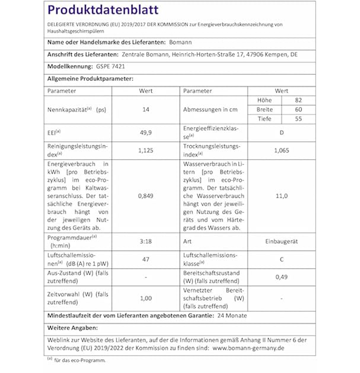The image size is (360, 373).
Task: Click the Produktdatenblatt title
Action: (x=103, y=10)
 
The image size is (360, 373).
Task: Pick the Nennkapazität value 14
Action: (x=146, y=110)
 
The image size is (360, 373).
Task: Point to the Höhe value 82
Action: (x=298, y=100)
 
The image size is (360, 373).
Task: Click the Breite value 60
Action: (x=298, y=110)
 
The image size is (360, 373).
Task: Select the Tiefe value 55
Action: (x=298, y=119)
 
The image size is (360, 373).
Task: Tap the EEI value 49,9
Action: (x=146, y=133)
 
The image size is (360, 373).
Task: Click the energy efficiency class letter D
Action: (x=281, y=133)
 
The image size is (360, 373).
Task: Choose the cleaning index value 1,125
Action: (x=146, y=150)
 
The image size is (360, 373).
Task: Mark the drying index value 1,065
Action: (x=281, y=150)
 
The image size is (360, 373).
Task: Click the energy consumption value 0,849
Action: (x=146, y=196)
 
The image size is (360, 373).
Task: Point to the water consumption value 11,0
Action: (x=281, y=196)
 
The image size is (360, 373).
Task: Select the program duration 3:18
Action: (x=146, y=241)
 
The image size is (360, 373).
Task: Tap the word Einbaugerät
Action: (x=281, y=241)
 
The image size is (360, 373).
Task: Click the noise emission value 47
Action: (x=146, y=259)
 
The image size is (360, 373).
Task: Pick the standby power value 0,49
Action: (x=281, y=277)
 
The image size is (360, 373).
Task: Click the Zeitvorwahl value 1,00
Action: (x=146, y=298)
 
